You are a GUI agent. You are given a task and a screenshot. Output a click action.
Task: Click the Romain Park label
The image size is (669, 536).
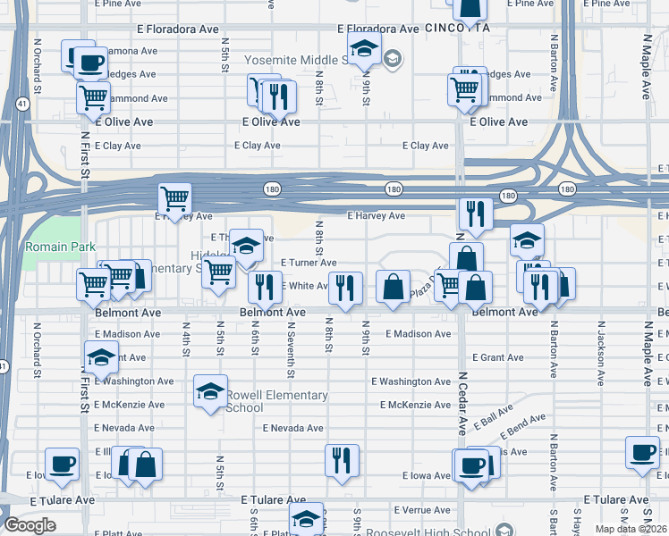pyautogui.click(x=47, y=246)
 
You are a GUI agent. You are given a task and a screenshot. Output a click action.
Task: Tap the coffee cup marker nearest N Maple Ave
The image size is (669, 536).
pyautogui.click(x=642, y=452)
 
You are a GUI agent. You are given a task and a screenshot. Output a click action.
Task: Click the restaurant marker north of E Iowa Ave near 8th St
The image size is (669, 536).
pyautogui.click(x=342, y=460)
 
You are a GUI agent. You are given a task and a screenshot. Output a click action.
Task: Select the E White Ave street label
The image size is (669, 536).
pyautogui.click(x=306, y=286)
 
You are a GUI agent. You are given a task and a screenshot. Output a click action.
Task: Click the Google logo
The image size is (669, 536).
pyautogui.click(x=30, y=525)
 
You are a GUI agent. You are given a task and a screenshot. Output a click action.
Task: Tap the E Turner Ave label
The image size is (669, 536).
pyautogui.click(x=309, y=263)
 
